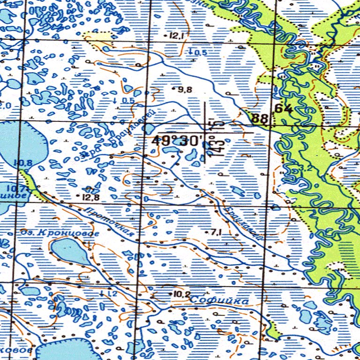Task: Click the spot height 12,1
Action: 176,36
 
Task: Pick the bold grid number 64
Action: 284,109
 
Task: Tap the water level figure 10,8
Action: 22,163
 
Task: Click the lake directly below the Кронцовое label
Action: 69,251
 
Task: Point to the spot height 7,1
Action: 216,232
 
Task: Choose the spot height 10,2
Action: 181,294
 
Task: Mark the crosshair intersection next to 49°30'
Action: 205,133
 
